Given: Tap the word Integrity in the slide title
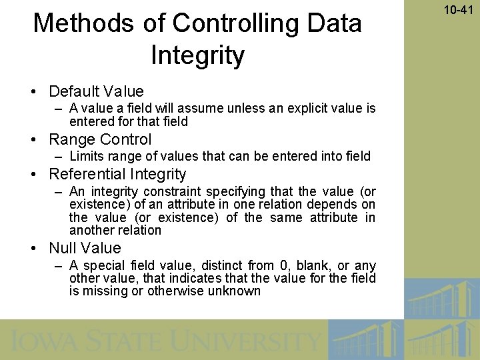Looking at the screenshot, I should (x=198, y=55).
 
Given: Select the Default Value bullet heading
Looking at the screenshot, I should (x=96, y=91).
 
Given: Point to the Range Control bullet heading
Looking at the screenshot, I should (x=100, y=139).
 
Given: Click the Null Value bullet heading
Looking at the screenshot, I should (x=85, y=248).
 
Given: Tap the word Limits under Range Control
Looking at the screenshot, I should (x=85, y=157).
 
